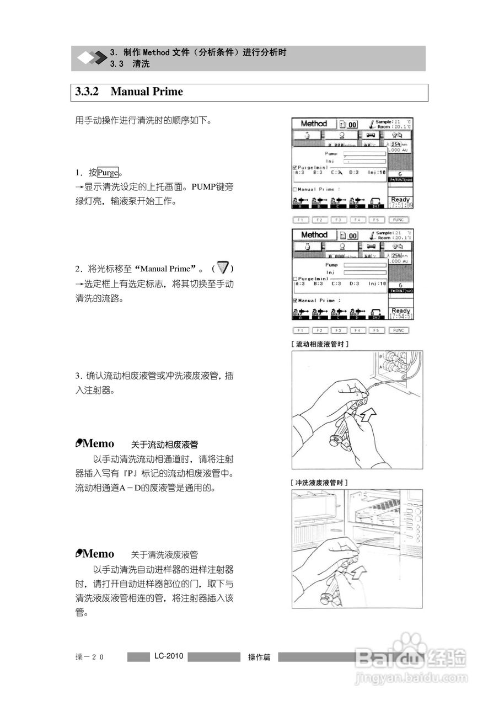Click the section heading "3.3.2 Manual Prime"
(x=129, y=92)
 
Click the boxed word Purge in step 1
(x=108, y=173)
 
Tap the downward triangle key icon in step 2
(x=223, y=268)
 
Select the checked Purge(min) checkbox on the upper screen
(x=294, y=167)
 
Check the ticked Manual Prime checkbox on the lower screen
(x=295, y=301)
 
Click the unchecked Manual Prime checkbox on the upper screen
(x=295, y=189)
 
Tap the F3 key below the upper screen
(x=339, y=220)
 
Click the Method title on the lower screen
(x=314, y=235)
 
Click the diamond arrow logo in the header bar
(x=92, y=58)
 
